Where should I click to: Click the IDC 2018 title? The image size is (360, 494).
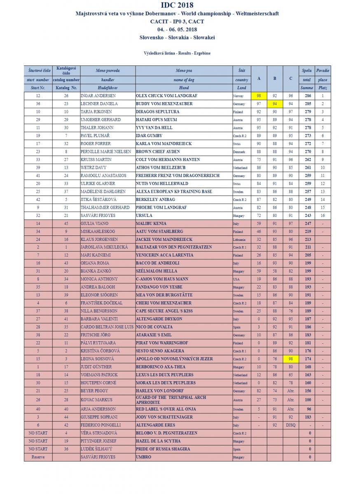[x=177, y=5]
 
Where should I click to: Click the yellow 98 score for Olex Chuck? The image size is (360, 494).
[x=259, y=96]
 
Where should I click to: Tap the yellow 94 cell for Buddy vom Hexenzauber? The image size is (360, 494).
[x=275, y=104]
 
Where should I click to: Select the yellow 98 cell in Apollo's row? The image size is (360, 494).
[x=290, y=359]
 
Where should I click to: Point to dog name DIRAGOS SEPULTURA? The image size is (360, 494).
[x=157, y=112]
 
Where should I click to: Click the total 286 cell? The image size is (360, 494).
[x=306, y=96]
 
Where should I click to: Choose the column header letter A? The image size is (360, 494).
[x=259, y=78]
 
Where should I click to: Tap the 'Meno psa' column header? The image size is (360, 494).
[x=184, y=71]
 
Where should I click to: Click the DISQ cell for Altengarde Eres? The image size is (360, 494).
[x=290, y=425]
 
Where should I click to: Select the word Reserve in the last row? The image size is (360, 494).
[x=38, y=457]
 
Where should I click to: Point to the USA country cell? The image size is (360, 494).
[x=236, y=279]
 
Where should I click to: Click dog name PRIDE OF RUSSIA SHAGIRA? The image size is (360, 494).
[x=163, y=449]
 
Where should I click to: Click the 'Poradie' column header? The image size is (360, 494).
[x=323, y=71]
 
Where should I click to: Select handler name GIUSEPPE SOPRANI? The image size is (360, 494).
[x=98, y=417]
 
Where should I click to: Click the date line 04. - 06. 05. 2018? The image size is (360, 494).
[x=177, y=30]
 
